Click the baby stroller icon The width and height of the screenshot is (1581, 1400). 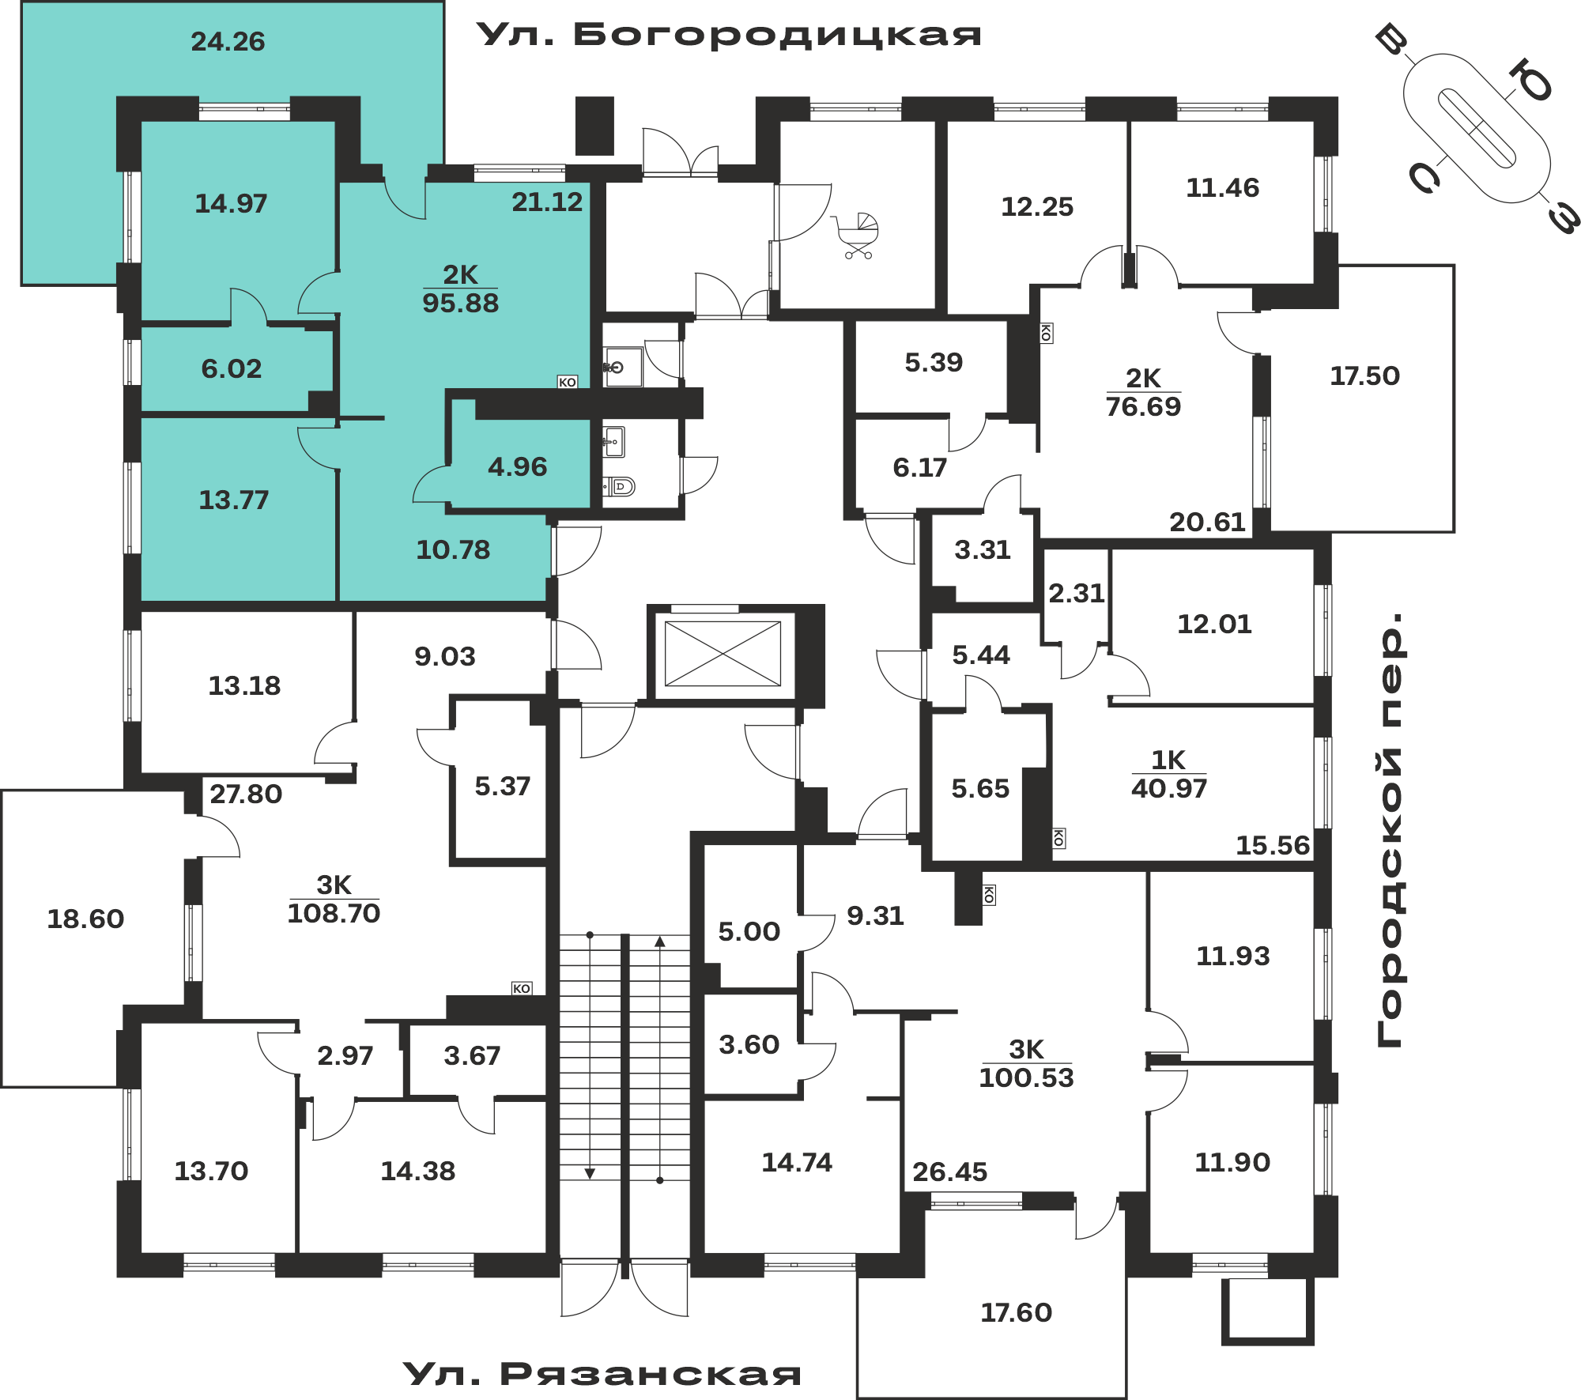(x=856, y=236)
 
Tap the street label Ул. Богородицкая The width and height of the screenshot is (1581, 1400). (x=729, y=35)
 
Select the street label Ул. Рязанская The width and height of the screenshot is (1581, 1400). (x=602, y=1374)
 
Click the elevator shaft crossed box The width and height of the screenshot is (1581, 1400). (x=723, y=654)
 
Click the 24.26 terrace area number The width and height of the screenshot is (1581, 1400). (x=228, y=41)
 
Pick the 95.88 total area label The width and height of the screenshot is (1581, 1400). (x=461, y=303)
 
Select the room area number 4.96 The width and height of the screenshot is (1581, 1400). (x=518, y=466)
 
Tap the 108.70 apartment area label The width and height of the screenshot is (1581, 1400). (x=334, y=913)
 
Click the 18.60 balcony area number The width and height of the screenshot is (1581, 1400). (x=85, y=919)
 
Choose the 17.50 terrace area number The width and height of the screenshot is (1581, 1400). (x=1364, y=375)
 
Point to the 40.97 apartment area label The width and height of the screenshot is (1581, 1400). (x=1169, y=788)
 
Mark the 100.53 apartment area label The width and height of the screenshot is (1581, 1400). (x=1027, y=1077)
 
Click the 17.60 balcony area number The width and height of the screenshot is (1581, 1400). (x=1017, y=1312)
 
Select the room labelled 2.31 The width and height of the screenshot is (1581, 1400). (x=1077, y=593)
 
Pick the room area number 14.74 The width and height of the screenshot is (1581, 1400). (x=797, y=1162)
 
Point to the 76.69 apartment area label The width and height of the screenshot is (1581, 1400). (x=1143, y=406)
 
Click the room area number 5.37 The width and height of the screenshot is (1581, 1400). (x=503, y=786)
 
